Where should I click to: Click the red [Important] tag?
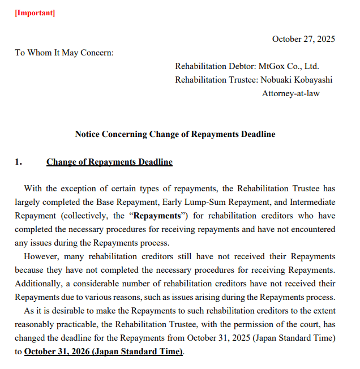35,13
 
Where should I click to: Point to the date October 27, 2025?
303,39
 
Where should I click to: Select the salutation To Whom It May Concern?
64,53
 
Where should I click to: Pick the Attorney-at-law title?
290,93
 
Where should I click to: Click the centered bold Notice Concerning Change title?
175,134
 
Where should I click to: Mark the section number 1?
18,162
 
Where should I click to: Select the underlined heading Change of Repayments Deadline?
109,162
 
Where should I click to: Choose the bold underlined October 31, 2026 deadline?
103,351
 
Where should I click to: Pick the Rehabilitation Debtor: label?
216,66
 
